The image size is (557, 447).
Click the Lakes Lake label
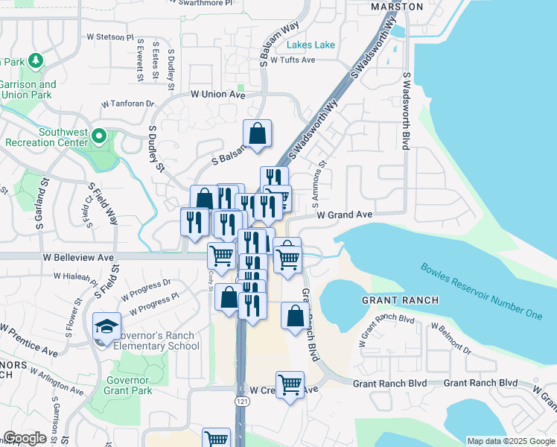(311, 45)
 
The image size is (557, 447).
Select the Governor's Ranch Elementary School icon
(105, 326)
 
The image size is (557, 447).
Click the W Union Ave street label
(217, 95)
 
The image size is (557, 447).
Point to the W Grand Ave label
(344, 215)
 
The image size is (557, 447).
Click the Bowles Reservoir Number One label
(480, 291)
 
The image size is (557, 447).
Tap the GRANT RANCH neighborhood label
(399, 300)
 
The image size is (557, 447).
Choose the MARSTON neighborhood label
(396, 7)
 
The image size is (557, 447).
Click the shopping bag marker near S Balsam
(257, 134)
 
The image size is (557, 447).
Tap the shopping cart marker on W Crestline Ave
(290, 384)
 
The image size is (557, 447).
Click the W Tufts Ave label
(293, 60)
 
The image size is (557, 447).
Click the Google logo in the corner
(25, 438)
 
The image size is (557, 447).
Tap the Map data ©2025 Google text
(510, 441)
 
